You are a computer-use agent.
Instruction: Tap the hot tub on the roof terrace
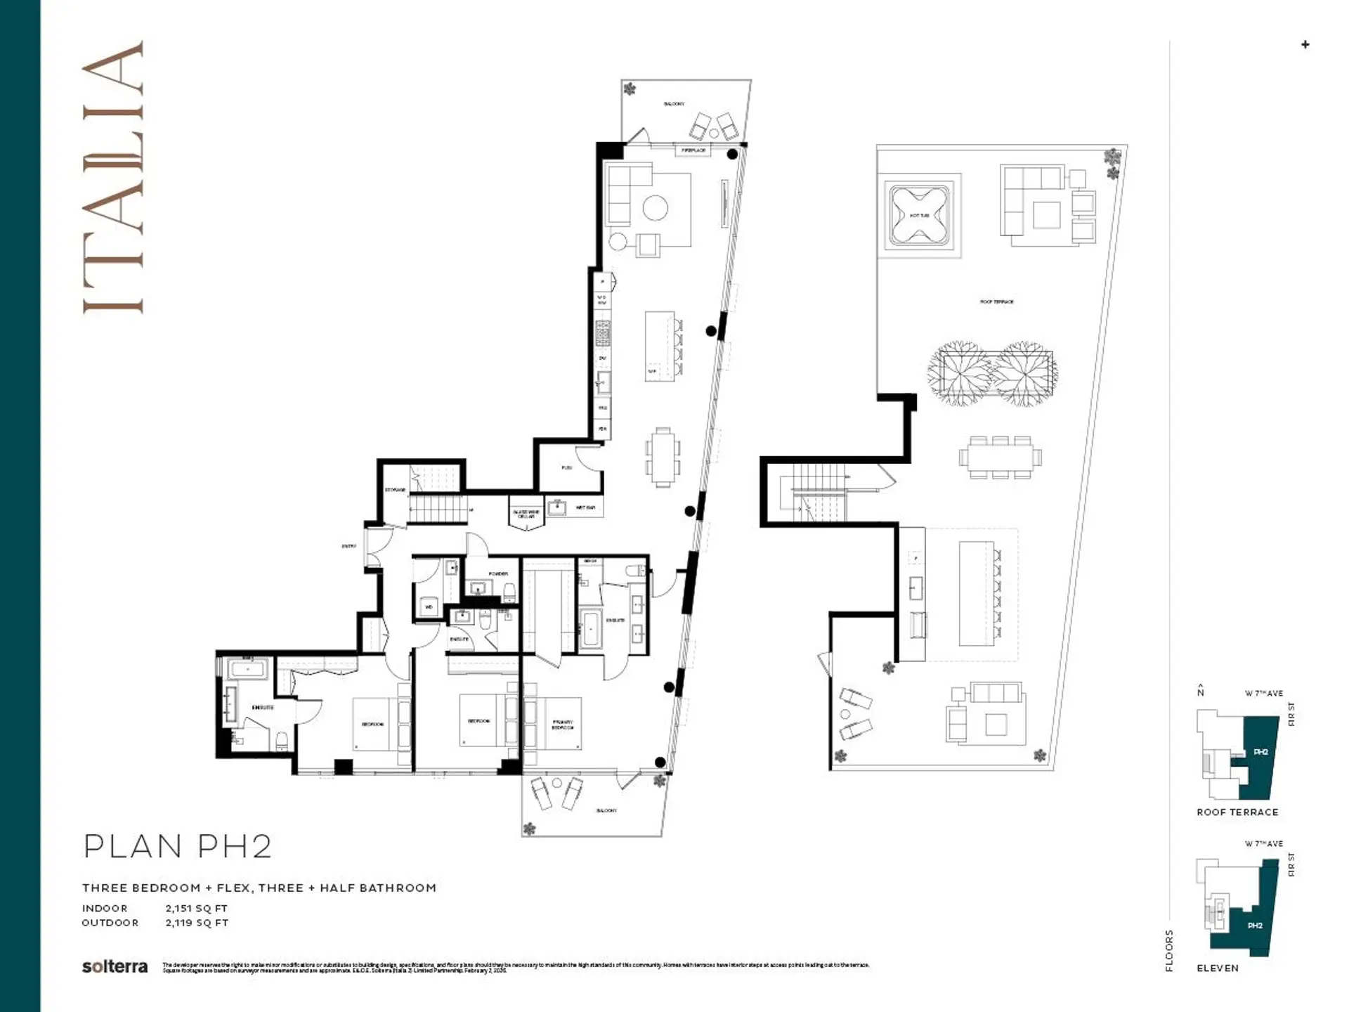(920, 216)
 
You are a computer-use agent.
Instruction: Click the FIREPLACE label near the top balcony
(693, 150)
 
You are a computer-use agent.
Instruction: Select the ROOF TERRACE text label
(996, 301)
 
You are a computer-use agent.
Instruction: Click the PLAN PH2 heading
(177, 846)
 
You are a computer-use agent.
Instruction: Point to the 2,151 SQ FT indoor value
(197, 908)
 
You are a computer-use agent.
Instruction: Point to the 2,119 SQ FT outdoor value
(197, 923)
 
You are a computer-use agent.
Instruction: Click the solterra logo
(115, 966)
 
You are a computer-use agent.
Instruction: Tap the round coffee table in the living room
(656, 207)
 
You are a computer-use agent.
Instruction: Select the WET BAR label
(585, 507)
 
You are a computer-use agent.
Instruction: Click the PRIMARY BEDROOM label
(562, 725)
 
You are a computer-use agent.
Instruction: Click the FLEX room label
(566, 467)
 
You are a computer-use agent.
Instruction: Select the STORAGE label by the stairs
(395, 490)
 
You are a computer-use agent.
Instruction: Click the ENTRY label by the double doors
(349, 546)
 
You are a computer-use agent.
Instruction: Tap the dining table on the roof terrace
(1000, 457)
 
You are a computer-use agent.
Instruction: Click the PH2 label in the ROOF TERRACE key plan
(1260, 752)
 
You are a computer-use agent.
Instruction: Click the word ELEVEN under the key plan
(1218, 968)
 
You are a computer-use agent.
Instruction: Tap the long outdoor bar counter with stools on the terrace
(977, 592)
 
